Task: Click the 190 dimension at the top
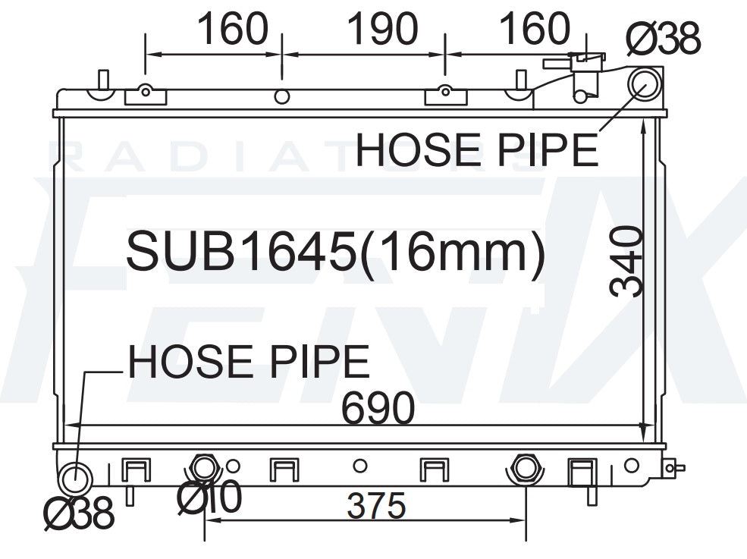[383, 29]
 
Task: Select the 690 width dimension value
[378, 408]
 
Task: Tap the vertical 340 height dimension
[626, 262]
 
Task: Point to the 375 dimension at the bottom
[376, 506]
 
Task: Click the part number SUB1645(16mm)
[335, 252]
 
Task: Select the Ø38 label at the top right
[664, 38]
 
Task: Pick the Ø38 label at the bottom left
[79, 513]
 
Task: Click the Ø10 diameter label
[209, 497]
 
